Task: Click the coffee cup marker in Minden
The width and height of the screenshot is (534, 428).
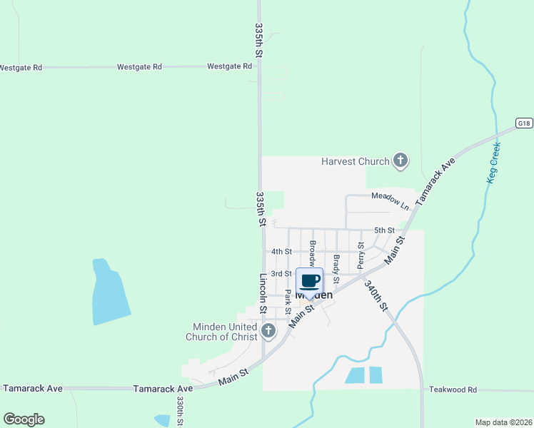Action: (310, 281)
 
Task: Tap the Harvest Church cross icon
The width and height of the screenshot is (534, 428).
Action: (400, 160)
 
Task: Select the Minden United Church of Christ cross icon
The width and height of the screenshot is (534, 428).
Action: (268, 330)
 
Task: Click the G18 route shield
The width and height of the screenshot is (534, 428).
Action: (524, 123)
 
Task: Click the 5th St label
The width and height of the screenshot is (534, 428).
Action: (384, 230)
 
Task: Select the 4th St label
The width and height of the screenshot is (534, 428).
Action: (281, 251)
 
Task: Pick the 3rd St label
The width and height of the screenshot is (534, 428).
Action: (281, 273)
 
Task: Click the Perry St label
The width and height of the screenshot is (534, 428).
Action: (361, 254)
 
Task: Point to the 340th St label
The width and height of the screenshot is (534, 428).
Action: (376, 295)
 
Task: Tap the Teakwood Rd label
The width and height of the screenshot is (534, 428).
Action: (453, 390)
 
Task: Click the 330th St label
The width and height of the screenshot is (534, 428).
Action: (180, 412)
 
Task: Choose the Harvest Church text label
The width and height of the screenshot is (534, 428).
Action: (355, 161)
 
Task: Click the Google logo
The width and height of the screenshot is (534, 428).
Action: (24, 419)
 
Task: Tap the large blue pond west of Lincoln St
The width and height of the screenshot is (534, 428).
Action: (110, 292)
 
